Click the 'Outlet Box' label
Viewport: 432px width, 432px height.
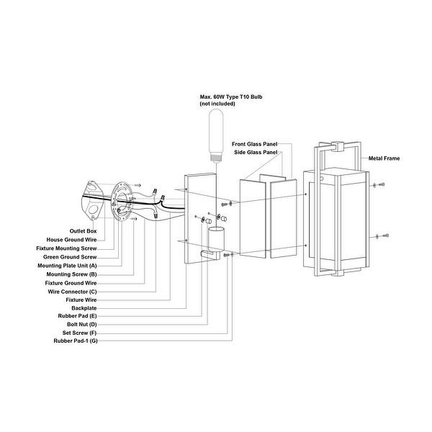coord(83,231)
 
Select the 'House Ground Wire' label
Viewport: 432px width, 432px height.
coord(71,240)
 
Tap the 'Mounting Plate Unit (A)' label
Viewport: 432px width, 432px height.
coord(67,266)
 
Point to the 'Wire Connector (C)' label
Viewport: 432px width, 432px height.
coord(72,292)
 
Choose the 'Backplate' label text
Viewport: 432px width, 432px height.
coord(84,308)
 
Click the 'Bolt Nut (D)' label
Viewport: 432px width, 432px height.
coord(82,324)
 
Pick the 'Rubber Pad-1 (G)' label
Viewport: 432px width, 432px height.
coord(76,341)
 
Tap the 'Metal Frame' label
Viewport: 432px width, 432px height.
coord(384,158)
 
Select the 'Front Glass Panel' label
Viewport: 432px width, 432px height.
coord(255,144)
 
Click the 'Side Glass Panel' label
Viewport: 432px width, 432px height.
coord(256,153)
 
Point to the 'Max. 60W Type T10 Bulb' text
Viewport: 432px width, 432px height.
coord(231,97)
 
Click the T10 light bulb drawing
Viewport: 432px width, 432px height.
coord(216,135)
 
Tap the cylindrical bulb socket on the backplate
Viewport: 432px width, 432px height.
coord(216,239)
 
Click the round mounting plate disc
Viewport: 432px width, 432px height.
coord(122,202)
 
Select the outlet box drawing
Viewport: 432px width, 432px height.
coord(92,201)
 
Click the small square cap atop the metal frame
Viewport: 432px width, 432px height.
coord(338,146)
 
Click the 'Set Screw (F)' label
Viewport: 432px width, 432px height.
coord(80,333)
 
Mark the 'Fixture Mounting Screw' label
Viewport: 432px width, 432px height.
coord(66,248)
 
